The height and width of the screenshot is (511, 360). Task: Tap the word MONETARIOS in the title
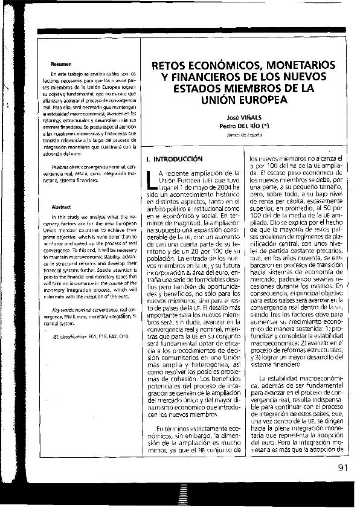(x=301, y=65)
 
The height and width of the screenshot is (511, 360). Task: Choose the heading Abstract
(x=61, y=207)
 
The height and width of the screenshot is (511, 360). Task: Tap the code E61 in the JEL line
(x=92, y=336)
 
